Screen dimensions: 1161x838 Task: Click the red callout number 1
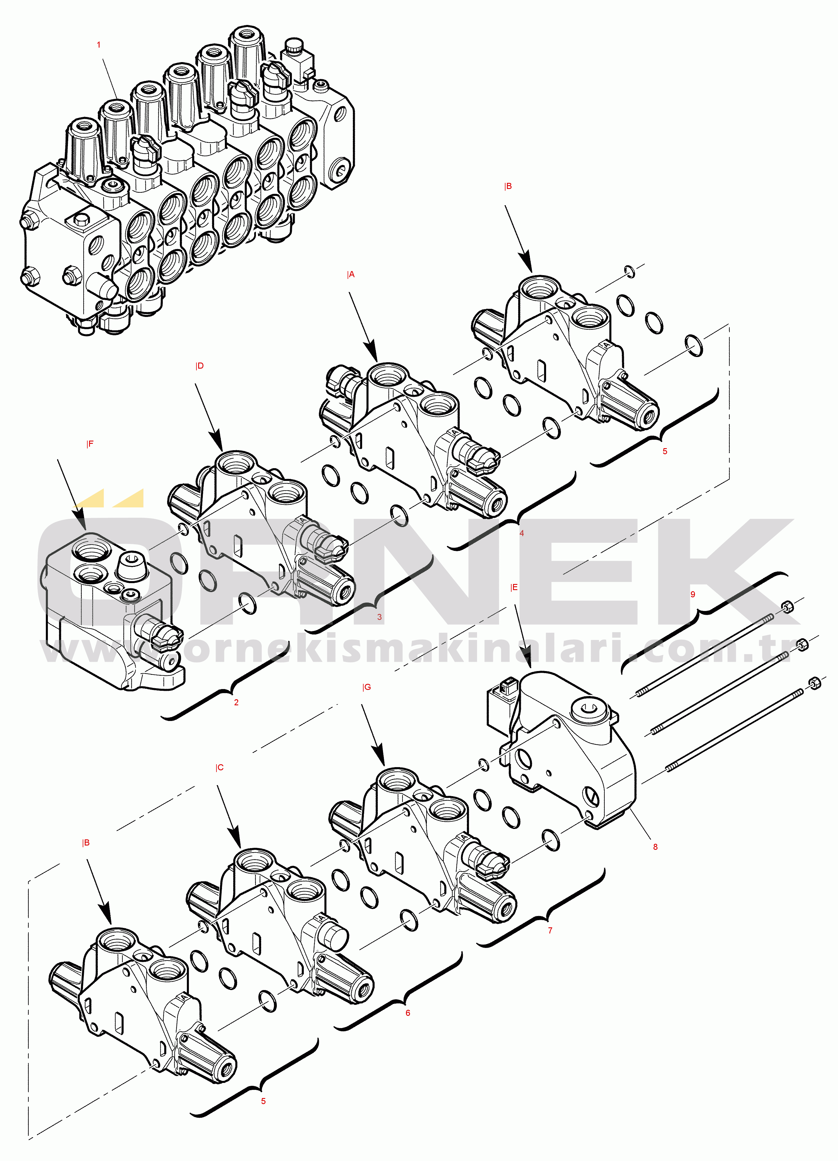99,45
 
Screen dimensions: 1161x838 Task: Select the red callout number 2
236,702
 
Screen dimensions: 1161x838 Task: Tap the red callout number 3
379,617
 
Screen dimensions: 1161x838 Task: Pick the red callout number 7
550,930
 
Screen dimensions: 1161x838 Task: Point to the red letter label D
200,366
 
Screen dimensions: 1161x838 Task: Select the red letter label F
91,444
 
